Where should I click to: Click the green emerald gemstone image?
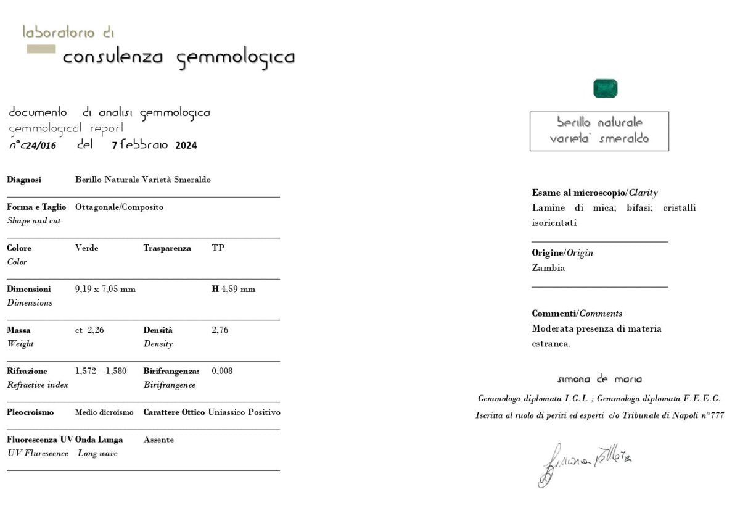[x=605, y=88]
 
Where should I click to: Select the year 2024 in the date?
[x=186, y=146]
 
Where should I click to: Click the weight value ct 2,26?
[x=89, y=330]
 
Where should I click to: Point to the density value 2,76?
[x=220, y=330]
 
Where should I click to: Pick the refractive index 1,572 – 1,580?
[x=101, y=371]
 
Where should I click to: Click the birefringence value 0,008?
[x=222, y=371]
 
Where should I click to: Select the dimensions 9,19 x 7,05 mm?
[x=105, y=289]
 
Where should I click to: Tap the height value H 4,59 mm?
[x=233, y=289]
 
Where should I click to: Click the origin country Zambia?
[x=548, y=268]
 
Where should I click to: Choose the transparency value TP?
[x=218, y=248]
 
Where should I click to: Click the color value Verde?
[x=86, y=248]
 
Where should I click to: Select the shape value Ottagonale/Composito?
[x=119, y=207]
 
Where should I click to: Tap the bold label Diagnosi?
[x=24, y=180]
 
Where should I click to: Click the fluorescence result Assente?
[x=158, y=440]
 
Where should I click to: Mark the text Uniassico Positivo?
[x=244, y=412]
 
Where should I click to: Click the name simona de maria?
[x=599, y=379]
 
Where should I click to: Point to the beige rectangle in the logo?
[x=41, y=49]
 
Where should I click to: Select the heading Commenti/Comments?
[x=577, y=314]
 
